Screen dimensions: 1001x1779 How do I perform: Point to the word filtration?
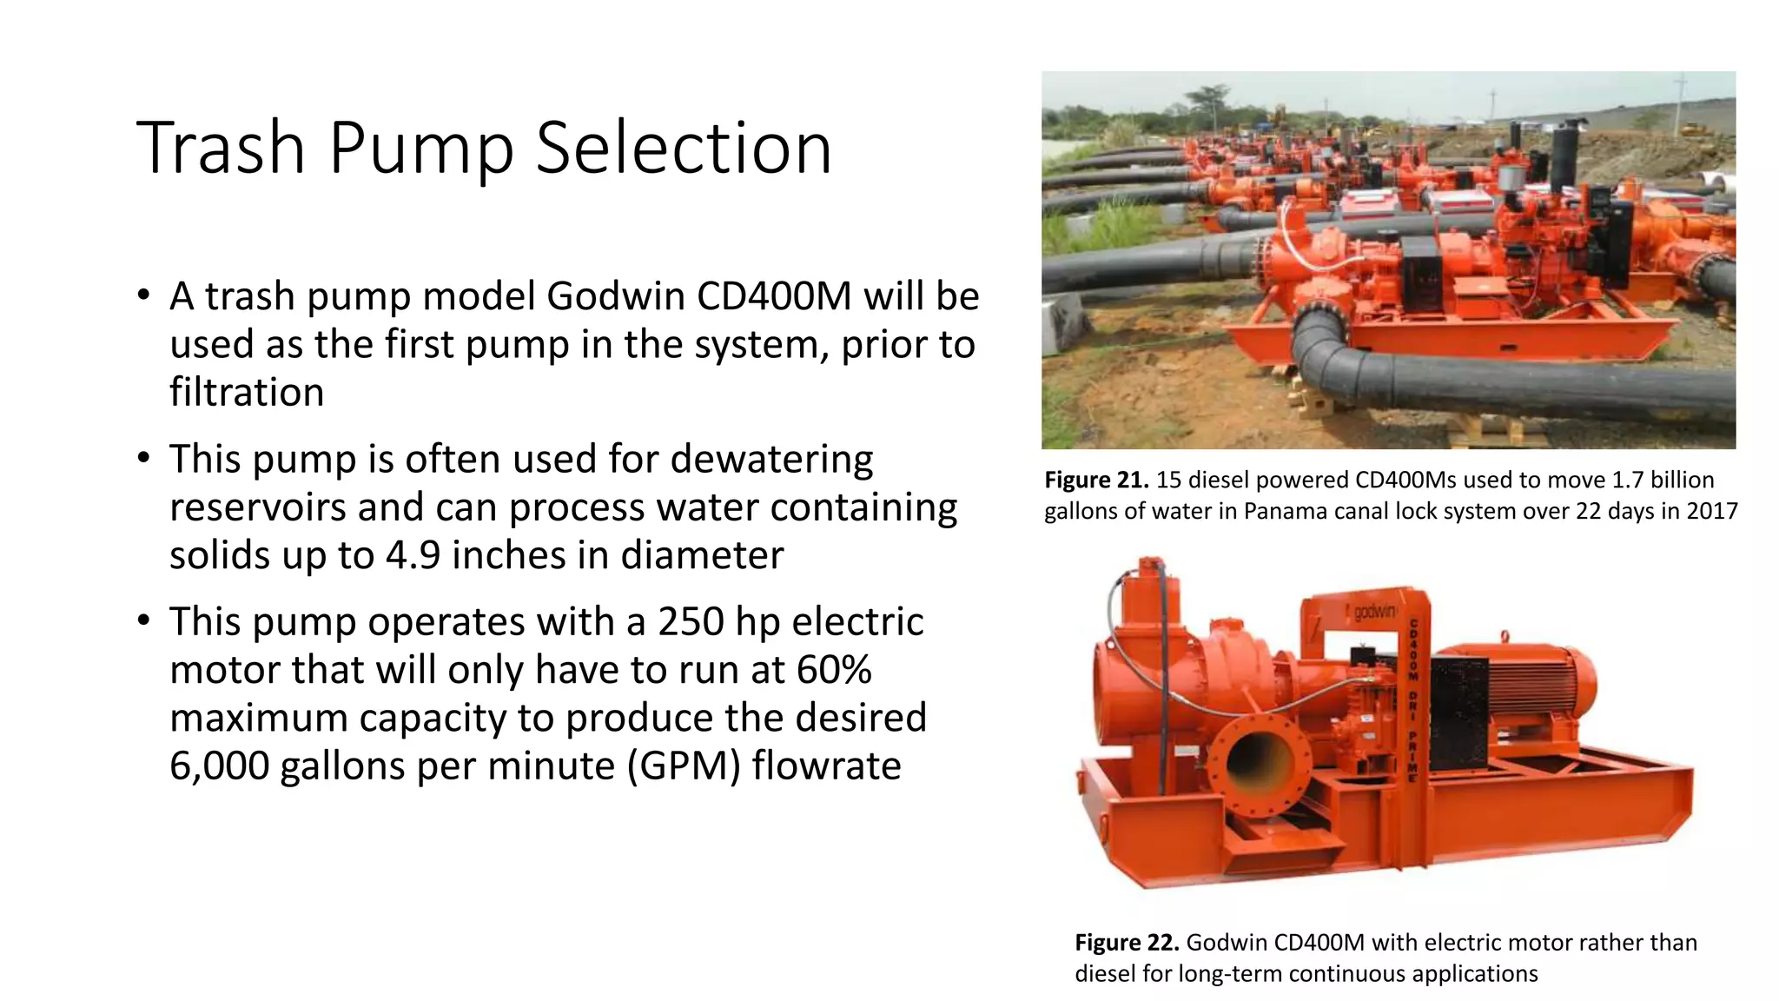click(247, 392)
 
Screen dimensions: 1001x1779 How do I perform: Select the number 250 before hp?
click(691, 621)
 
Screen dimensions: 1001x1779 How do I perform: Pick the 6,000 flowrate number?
click(219, 766)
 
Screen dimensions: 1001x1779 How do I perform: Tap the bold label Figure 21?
click(1096, 480)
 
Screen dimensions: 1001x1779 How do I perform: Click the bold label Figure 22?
click(1127, 942)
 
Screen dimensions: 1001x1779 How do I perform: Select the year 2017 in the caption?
click(1712, 511)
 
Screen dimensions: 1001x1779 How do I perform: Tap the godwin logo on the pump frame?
click(1374, 612)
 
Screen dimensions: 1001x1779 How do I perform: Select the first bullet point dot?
click(144, 295)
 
